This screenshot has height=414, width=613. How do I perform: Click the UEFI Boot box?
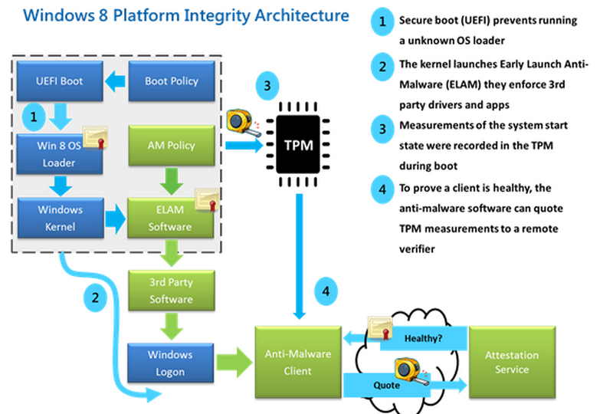tap(60, 80)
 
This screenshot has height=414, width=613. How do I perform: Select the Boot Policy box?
tap(172, 80)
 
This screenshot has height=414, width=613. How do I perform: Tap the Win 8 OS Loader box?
tap(60, 154)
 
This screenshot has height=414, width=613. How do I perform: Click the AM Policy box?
tap(172, 145)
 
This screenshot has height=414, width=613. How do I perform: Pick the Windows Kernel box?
tap(61, 218)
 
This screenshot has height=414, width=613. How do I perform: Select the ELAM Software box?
tap(170, 218)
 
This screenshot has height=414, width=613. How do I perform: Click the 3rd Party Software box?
tap(172, 291)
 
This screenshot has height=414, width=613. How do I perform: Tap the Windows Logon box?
tap(170, 363)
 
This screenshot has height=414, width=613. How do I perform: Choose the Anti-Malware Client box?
tap(298, 363)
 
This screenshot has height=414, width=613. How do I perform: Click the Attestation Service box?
tap(512, 363)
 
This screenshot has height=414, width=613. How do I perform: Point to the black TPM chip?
tap(298, 145)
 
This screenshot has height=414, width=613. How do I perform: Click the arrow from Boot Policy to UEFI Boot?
tap(116, 81)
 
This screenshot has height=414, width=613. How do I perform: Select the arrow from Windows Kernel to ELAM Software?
tap(116, 219)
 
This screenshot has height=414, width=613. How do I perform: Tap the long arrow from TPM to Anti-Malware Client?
tap(300, 256)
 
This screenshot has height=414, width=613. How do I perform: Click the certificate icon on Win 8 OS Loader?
tap(95, 138)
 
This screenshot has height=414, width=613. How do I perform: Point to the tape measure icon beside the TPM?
tap(244, 123)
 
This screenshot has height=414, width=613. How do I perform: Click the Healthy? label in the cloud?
tap(424, 338)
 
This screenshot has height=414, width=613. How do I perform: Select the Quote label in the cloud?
tap(387, 386)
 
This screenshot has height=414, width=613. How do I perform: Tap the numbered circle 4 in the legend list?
tap(382, 189)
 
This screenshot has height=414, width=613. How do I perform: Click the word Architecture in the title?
tap(302, 15)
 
